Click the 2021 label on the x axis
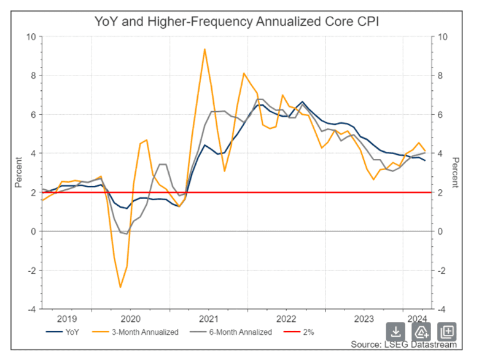(x=208, y=318)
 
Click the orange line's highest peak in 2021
(x=204, y=49)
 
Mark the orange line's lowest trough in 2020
(x=120, y=287)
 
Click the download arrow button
(x=395, y=332)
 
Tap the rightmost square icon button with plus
(x=447, y=332)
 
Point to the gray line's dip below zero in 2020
(x=123, y=233)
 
